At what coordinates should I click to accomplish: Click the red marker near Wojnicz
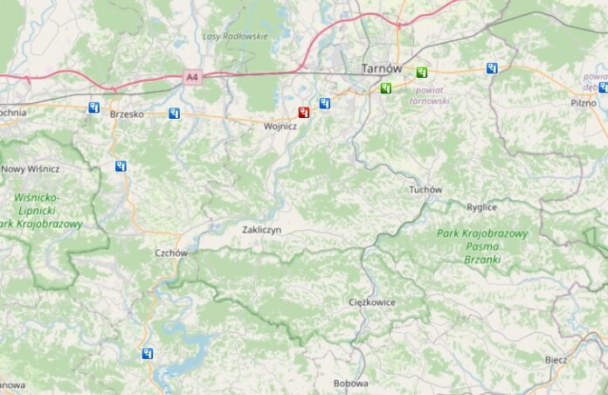pyautogui.click(x=303, y=112)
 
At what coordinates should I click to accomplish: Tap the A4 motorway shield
pyautogui.click(x=192, y=79)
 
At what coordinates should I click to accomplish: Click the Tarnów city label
pyautogui.click(x=382, y=68)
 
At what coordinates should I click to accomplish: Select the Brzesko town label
pyautogui.click(x=127, y=114)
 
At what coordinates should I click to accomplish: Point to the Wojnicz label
pyautogui.click(x=280, y=126)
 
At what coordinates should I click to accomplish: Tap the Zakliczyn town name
pyautogui.click(x=261, y=229)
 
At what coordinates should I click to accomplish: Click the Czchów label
pyautogui.click(x=170, y=253)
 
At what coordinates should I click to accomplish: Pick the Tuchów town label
pyautogui.click(x=425, y=190)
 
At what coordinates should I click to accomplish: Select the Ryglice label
pyautogui.click(x=506, y=207)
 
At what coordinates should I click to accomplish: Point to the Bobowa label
pyautogui.click(x=350, y=383)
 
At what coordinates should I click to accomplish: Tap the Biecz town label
pyautogui.click(x=555, y=360)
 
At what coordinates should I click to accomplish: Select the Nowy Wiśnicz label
pyautogui.click(x=31, y=169)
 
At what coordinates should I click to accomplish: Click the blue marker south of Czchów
pyautogui.click(x=148, y=354)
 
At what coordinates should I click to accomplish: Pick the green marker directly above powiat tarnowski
pyautogui.click(x=423, y=73)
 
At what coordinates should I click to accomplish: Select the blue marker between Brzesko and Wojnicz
pyautogui.click(x=175, y=113)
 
